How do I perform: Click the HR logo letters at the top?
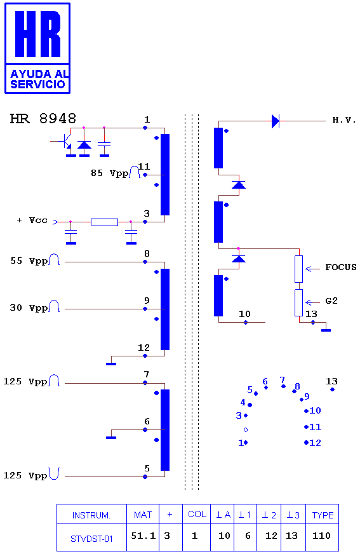[37, 34]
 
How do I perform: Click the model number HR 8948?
[43, 118]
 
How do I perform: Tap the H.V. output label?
[343, 120]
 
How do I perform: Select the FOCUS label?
[340, 267]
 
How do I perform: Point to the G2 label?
[331, 301]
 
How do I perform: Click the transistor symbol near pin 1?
[65, 141]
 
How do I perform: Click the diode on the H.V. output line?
[276, 121]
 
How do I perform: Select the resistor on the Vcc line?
[105, 222]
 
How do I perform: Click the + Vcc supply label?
[32, 220]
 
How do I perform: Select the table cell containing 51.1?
[143, 536]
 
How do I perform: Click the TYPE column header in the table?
[323, 515]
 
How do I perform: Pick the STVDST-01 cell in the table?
[91, 539]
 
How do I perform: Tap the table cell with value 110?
[321, 536]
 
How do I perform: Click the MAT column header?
[143, 515]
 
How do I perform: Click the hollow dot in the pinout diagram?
[246, 430]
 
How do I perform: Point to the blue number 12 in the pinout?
[315, 443]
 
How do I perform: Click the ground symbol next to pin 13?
[326, 330]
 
